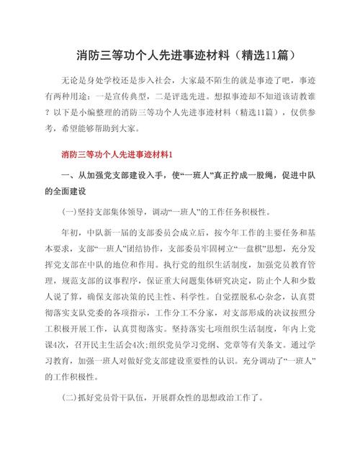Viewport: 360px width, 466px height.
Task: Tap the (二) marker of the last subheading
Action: click(x=71, y=397)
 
